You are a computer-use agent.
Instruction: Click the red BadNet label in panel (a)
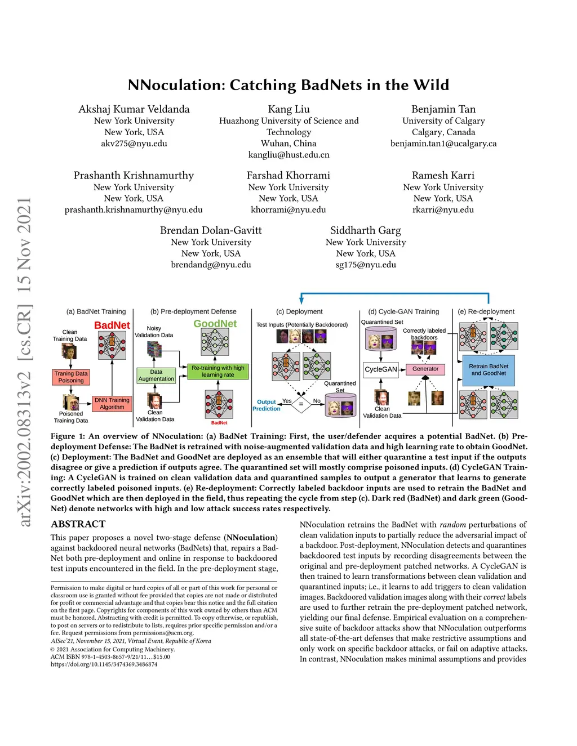click(112, 325)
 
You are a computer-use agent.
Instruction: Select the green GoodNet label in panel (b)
click(215, 324)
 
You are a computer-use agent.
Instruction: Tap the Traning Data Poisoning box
click(71, 377)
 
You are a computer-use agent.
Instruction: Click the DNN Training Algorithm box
click(112, 403)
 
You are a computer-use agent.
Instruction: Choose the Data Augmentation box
click(156, 376)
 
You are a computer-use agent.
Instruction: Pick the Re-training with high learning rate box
click(218, 371)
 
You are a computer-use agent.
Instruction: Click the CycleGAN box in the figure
click(381, 369)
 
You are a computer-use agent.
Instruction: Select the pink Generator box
click(425, 369)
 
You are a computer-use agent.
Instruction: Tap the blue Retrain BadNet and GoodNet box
click(488, 370)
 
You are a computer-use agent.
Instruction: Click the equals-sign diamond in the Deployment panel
click(301, 404)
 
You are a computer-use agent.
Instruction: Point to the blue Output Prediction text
click(266, 405)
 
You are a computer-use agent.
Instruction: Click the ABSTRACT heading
click(78, 524)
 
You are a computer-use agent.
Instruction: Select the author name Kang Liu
click(288, 109)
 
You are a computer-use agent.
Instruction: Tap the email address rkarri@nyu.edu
click(443, 209)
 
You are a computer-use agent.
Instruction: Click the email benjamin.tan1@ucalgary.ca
click(443, 144)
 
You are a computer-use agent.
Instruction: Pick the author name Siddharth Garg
click(366, 230)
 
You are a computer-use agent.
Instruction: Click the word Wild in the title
click(431, 85)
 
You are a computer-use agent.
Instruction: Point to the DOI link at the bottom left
click(104, 664)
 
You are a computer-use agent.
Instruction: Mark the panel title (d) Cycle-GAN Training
click(403, 311)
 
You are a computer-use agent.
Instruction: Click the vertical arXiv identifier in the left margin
click(24, 363)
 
